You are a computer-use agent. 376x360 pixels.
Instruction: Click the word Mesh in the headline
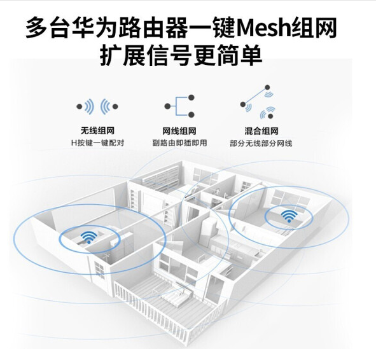pos(263,28)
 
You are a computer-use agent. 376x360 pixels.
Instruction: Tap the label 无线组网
pos(97,131)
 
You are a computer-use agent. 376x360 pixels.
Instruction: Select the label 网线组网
pos(179,131)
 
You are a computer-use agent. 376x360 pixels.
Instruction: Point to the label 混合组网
pos(261,131)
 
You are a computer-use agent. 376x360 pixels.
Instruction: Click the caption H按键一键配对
pos(97,143)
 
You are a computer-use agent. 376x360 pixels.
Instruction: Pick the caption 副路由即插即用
pos(179,143)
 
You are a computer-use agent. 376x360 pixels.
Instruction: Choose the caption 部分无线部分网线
pos(261,143)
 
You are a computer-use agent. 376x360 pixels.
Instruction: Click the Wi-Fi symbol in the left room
pos(89,237)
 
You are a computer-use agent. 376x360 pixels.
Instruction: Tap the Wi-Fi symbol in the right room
pos(289,216)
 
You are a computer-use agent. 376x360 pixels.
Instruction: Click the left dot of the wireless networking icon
pos(79,106)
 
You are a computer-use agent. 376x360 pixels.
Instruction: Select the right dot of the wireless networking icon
pos(115,106)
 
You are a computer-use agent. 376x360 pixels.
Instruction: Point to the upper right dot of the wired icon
pos(191,97)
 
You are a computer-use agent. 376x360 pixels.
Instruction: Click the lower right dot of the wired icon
pos(191,115)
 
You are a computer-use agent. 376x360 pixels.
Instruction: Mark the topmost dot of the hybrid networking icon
pos(267,88)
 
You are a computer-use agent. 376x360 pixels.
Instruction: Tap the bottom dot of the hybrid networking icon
pos(270,116)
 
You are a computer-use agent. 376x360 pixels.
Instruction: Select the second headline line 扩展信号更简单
pos(181,55)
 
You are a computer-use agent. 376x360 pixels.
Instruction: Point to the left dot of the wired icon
pos(167,106)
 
